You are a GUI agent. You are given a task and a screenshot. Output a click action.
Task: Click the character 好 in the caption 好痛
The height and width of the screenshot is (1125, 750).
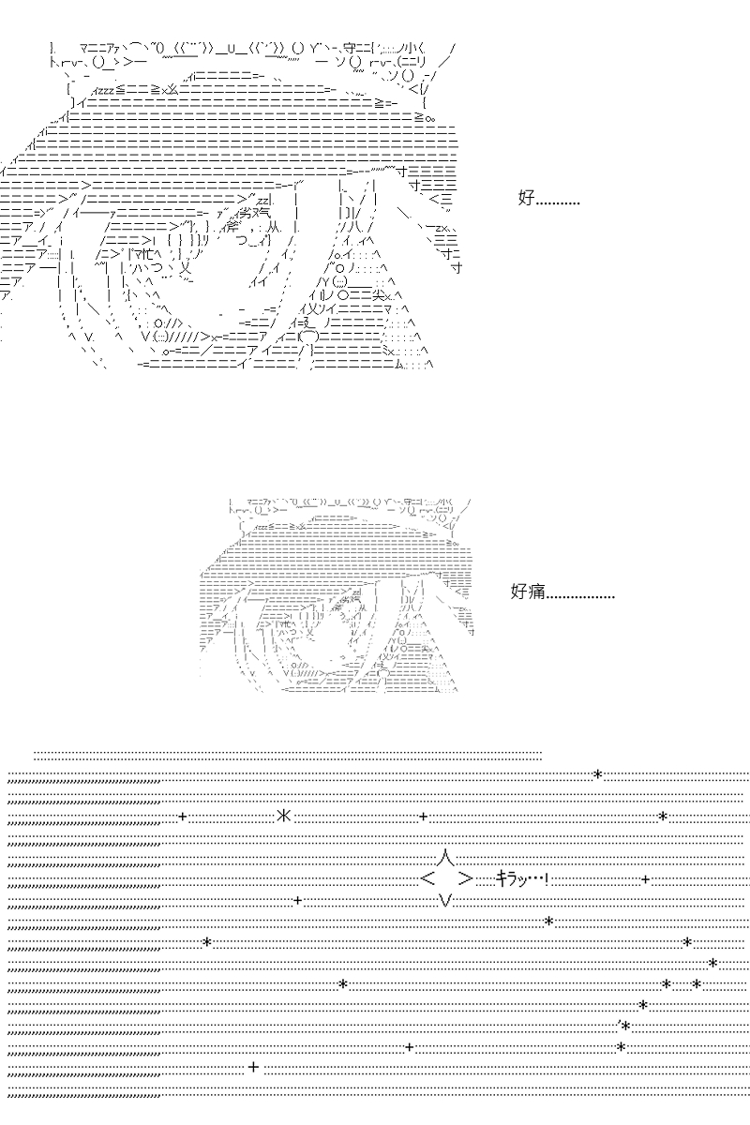[x=519, y=592]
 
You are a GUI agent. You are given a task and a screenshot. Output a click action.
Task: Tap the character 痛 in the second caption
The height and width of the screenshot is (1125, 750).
[x=536, y=592]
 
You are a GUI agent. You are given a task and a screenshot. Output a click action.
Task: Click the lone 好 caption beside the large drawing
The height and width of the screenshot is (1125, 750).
[x=527, y=198]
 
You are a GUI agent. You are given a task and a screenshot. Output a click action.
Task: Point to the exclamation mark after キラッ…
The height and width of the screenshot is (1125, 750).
[x=546, y=879]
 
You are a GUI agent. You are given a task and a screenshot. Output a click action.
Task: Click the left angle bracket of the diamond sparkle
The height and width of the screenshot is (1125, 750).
[x=427, y=879]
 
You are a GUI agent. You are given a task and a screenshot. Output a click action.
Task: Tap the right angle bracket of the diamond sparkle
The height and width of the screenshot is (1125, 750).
[x=466, y=879]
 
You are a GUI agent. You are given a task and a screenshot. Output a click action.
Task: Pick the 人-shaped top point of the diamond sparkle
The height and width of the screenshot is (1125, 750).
[x=446, y=857]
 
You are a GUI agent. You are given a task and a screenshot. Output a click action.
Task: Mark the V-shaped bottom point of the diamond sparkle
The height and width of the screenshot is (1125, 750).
[x=445, y=901]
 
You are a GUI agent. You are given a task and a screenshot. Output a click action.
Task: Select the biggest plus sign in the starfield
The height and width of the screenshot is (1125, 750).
[x=254, y=1067]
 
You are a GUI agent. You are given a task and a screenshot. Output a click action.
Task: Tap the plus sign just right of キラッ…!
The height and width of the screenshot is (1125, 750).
[x=646, y=879]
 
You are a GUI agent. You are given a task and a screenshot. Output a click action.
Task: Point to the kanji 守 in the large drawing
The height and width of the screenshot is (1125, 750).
[x=349, y=49]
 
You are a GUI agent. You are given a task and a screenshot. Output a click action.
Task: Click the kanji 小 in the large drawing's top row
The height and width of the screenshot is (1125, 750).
[x=411, y=49]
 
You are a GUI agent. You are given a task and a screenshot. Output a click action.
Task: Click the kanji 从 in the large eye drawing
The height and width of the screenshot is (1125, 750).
[x=276, y=226]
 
